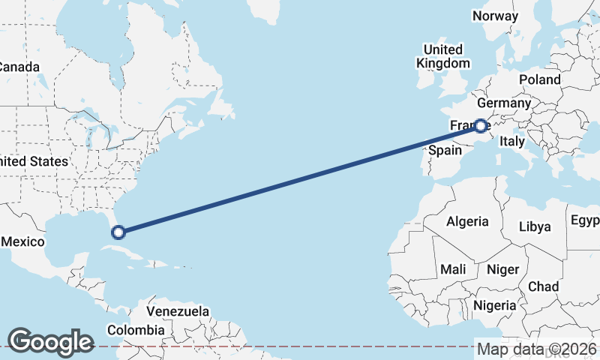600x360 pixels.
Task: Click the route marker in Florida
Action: [118, 232]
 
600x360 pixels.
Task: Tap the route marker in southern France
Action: [481, 126]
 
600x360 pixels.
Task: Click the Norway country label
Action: [496, 16]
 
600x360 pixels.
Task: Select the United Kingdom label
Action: [443, 57]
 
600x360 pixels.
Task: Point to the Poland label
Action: [538, 79]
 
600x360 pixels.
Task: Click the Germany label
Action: [503, 103]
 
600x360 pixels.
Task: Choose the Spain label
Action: [444, 150]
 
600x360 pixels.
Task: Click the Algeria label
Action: [467, 221]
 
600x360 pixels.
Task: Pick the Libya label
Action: [535, 226]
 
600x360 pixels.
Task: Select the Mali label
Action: [453, 268]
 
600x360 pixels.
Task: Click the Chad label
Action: [543, 286]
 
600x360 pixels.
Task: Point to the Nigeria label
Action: [494, 305]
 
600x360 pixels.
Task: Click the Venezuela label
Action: [178, 310]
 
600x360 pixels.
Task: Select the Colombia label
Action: [135, 330]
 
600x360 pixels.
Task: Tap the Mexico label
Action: [23, 241]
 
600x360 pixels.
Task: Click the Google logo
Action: [50, 341]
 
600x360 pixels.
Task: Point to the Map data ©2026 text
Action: [537, 349]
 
